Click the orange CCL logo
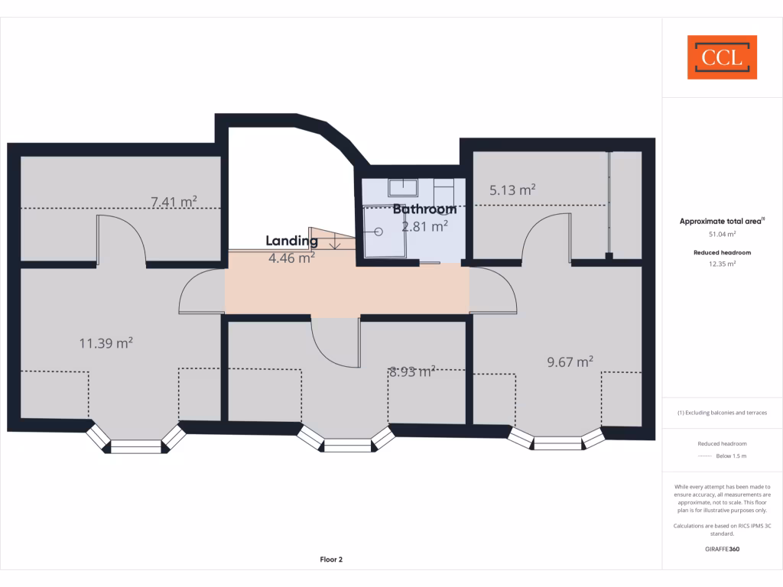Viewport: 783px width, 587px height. coord(722,57)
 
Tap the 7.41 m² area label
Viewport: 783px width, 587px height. coord(174,202)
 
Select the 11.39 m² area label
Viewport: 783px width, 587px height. coord(106,343)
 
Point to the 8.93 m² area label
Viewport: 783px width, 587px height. coord(412,372)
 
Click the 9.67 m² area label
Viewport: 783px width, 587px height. coord(570,362)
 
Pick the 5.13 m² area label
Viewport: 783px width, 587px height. coord(512,190)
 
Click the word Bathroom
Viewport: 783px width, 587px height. coord(425,209)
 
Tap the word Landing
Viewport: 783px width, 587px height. coord(291,241)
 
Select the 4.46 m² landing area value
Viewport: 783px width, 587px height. coord(291,258)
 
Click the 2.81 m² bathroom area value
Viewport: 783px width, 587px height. coord(425,225)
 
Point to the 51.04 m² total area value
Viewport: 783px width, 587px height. coord(722,235)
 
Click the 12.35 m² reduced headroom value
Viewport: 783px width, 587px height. coord(722,264)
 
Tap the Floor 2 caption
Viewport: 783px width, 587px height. coord(331,559)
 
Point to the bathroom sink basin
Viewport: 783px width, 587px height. coord(401,186)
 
